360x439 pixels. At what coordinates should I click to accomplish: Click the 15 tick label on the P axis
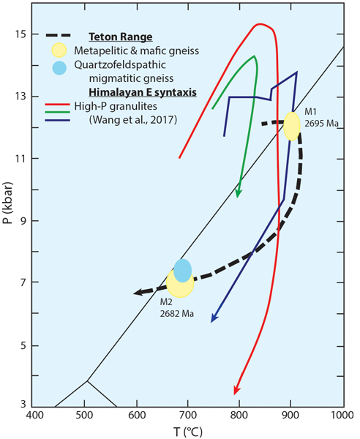click(20, 34)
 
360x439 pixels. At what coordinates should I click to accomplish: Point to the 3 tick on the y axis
click(23, 405)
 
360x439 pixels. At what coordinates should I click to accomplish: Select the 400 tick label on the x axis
click(34, 416)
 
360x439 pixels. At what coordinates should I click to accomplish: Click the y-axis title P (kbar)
click(8, 219)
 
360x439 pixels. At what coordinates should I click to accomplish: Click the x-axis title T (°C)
click(188, 430)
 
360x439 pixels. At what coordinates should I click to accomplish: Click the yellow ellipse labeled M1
click(291, 126)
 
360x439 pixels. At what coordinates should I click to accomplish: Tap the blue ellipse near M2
click(182, 269)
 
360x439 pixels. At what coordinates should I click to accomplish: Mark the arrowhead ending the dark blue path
click(213, 318)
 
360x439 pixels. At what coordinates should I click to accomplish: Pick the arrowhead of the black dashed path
click(138, 293)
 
